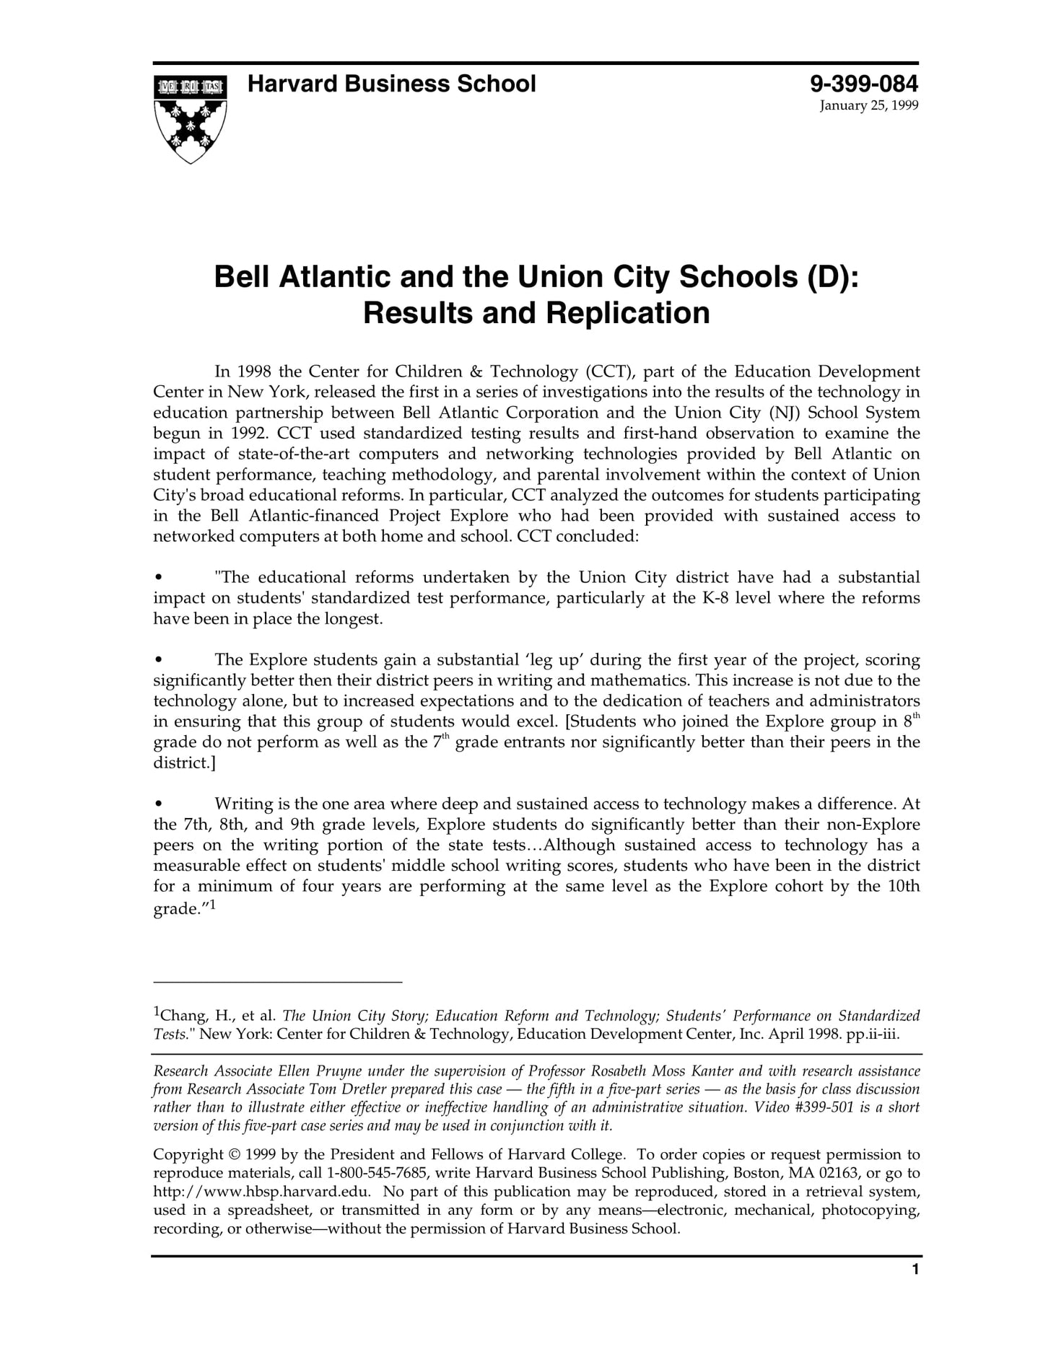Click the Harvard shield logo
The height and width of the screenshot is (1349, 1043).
tap(191, 118)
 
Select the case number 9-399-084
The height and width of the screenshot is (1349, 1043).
tap(864, 84)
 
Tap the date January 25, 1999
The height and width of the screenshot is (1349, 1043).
tap(868, 106)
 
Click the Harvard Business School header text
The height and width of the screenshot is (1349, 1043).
tap(391, 84)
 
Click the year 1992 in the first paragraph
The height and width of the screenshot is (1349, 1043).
tap(250, 434)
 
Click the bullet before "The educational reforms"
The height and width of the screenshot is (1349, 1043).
tap(158, 578)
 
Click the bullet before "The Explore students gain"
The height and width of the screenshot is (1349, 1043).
tap(158, 660)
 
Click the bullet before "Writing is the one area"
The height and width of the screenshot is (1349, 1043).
tap(158, 804)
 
